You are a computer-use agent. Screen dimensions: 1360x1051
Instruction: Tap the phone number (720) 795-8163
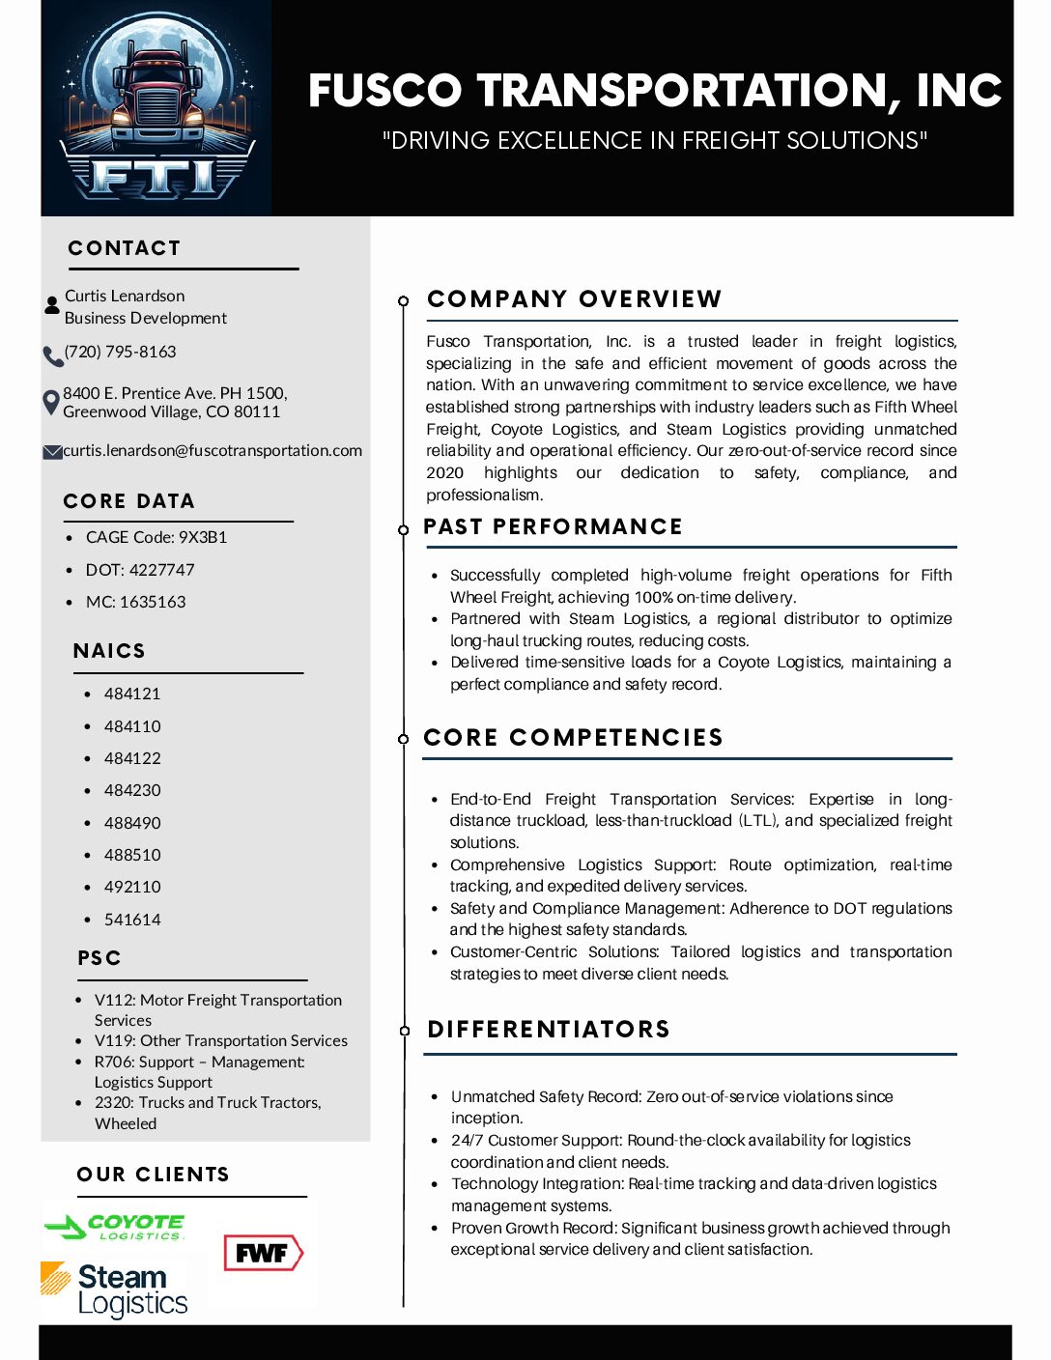[121, 352]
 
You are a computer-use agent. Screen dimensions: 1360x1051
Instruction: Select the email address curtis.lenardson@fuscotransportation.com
[213, 450]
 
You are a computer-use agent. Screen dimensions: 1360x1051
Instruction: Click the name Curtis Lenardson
[125, 296]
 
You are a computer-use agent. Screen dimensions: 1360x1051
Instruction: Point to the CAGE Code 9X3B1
[156, 537]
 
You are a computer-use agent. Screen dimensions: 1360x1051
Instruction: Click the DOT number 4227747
[140, 570]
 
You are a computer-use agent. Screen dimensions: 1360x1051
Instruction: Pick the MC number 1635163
[135, 602]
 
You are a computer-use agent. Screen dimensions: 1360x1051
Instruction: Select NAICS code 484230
[132, 790]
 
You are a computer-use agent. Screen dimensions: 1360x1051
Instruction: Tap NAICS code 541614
[132, 920]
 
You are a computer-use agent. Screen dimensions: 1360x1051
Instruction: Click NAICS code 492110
[132, 887]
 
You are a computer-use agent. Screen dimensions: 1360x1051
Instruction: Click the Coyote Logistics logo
[115, 1227]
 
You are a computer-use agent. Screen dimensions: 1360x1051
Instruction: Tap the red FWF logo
[263, 1254]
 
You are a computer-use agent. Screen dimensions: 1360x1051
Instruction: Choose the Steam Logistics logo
[115, 1289]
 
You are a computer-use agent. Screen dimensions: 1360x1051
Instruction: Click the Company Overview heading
[574, 299]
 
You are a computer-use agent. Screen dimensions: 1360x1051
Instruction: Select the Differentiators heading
[549, 1030]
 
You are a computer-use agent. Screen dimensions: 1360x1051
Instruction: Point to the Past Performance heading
[553, 527]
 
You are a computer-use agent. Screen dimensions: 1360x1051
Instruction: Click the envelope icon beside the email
[52, 452]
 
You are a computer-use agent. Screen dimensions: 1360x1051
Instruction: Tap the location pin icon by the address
[51, 402]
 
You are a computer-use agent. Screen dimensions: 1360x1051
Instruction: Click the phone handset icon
[52, 355]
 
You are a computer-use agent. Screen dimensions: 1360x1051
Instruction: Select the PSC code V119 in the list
[220, 1040]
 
